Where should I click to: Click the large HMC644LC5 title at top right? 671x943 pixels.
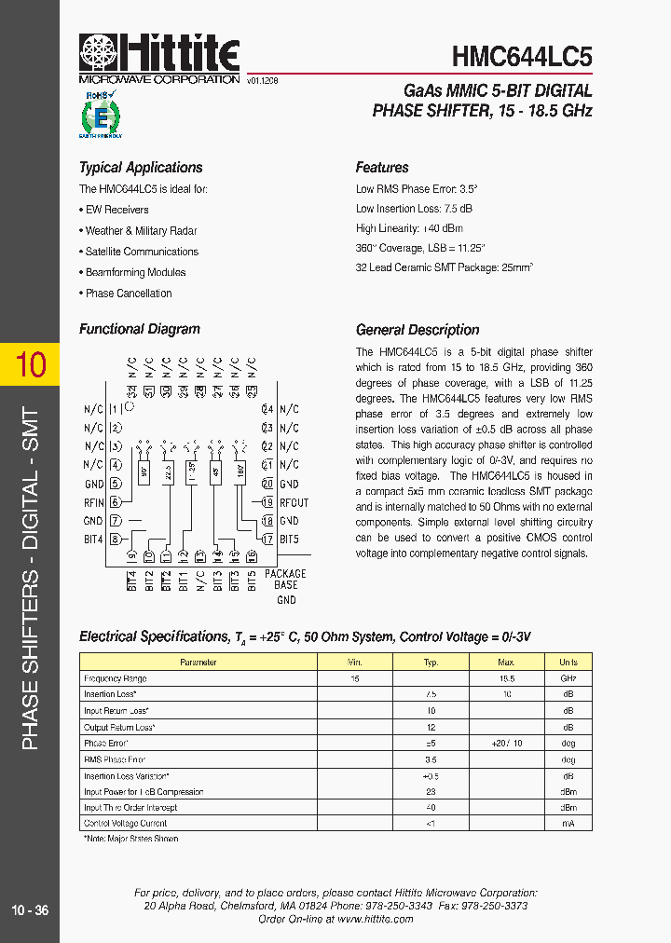click(x=521, y=57)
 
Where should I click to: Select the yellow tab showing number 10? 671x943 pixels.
click(x=30, y=364)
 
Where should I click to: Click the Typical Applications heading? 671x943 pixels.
click(x=141, y=168)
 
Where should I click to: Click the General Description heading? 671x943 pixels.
click(x=418, y=330)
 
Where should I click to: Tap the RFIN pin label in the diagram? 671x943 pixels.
click(x=93, y=502)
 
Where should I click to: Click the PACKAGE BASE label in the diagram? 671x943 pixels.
click(x=285, y=580)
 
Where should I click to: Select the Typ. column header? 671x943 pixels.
click(x=431, y=663)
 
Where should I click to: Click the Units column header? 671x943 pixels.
click(x=568, y=663)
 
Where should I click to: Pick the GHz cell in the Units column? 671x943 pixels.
click(x=568, y=679)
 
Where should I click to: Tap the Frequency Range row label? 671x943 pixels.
click(x=116, y=679)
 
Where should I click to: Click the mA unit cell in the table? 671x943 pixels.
click(x=568, y=824)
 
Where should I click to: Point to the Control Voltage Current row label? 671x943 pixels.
click(x=125, y=824)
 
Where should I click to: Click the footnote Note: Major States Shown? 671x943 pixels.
click(x=130, y=839)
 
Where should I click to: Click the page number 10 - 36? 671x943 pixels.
click(x=30, y=910)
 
